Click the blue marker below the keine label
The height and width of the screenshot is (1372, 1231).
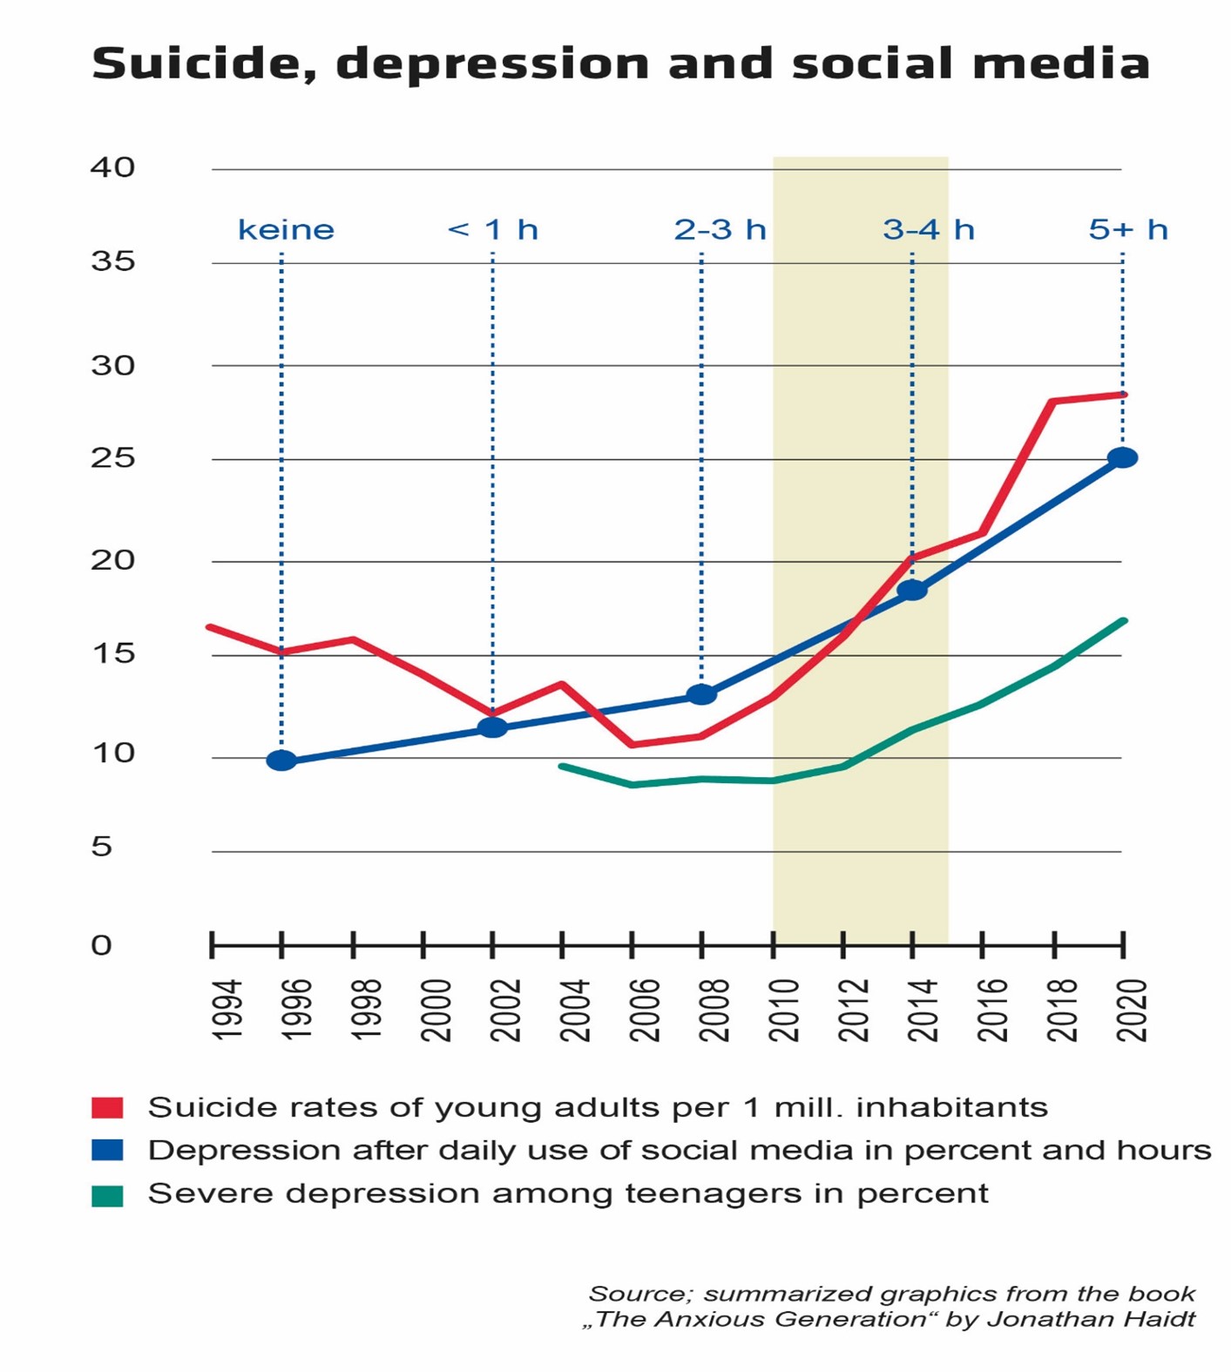281,760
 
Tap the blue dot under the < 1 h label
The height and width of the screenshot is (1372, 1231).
493,727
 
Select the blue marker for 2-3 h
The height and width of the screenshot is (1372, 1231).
702,694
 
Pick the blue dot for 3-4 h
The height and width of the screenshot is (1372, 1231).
912,590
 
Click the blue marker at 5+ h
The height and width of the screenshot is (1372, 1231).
1122,457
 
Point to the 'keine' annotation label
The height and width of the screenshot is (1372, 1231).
286,230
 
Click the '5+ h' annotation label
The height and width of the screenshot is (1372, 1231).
1127,230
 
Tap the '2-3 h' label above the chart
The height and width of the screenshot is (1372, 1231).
720,230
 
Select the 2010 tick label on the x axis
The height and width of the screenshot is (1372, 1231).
785,1010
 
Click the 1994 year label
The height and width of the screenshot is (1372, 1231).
227,1010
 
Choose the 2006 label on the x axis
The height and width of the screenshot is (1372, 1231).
646,1010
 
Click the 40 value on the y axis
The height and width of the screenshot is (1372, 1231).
113,167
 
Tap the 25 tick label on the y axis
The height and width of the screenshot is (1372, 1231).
113,458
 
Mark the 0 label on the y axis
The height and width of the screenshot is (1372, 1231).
102,945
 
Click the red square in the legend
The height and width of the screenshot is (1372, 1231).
107,1108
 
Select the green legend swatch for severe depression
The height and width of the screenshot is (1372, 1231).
107,1194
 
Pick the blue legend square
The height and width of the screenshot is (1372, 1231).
107,1151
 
